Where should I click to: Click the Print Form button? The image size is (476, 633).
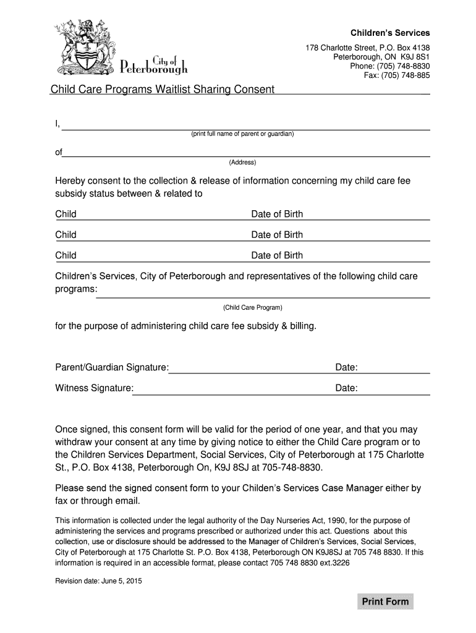[x=385, y=601]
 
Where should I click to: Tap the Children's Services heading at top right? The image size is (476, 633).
[x=390, y=33]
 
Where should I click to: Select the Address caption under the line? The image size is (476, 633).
[x=242, y=163]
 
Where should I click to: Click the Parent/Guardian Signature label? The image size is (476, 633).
[x=112, y=368]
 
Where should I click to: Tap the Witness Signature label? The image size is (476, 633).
[x=94, y=388]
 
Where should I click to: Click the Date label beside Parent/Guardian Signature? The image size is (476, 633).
[x=346, y=368]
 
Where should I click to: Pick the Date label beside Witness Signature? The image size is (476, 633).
[x=346, y=388]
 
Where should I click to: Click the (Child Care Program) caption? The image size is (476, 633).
[x=252, y=307]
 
